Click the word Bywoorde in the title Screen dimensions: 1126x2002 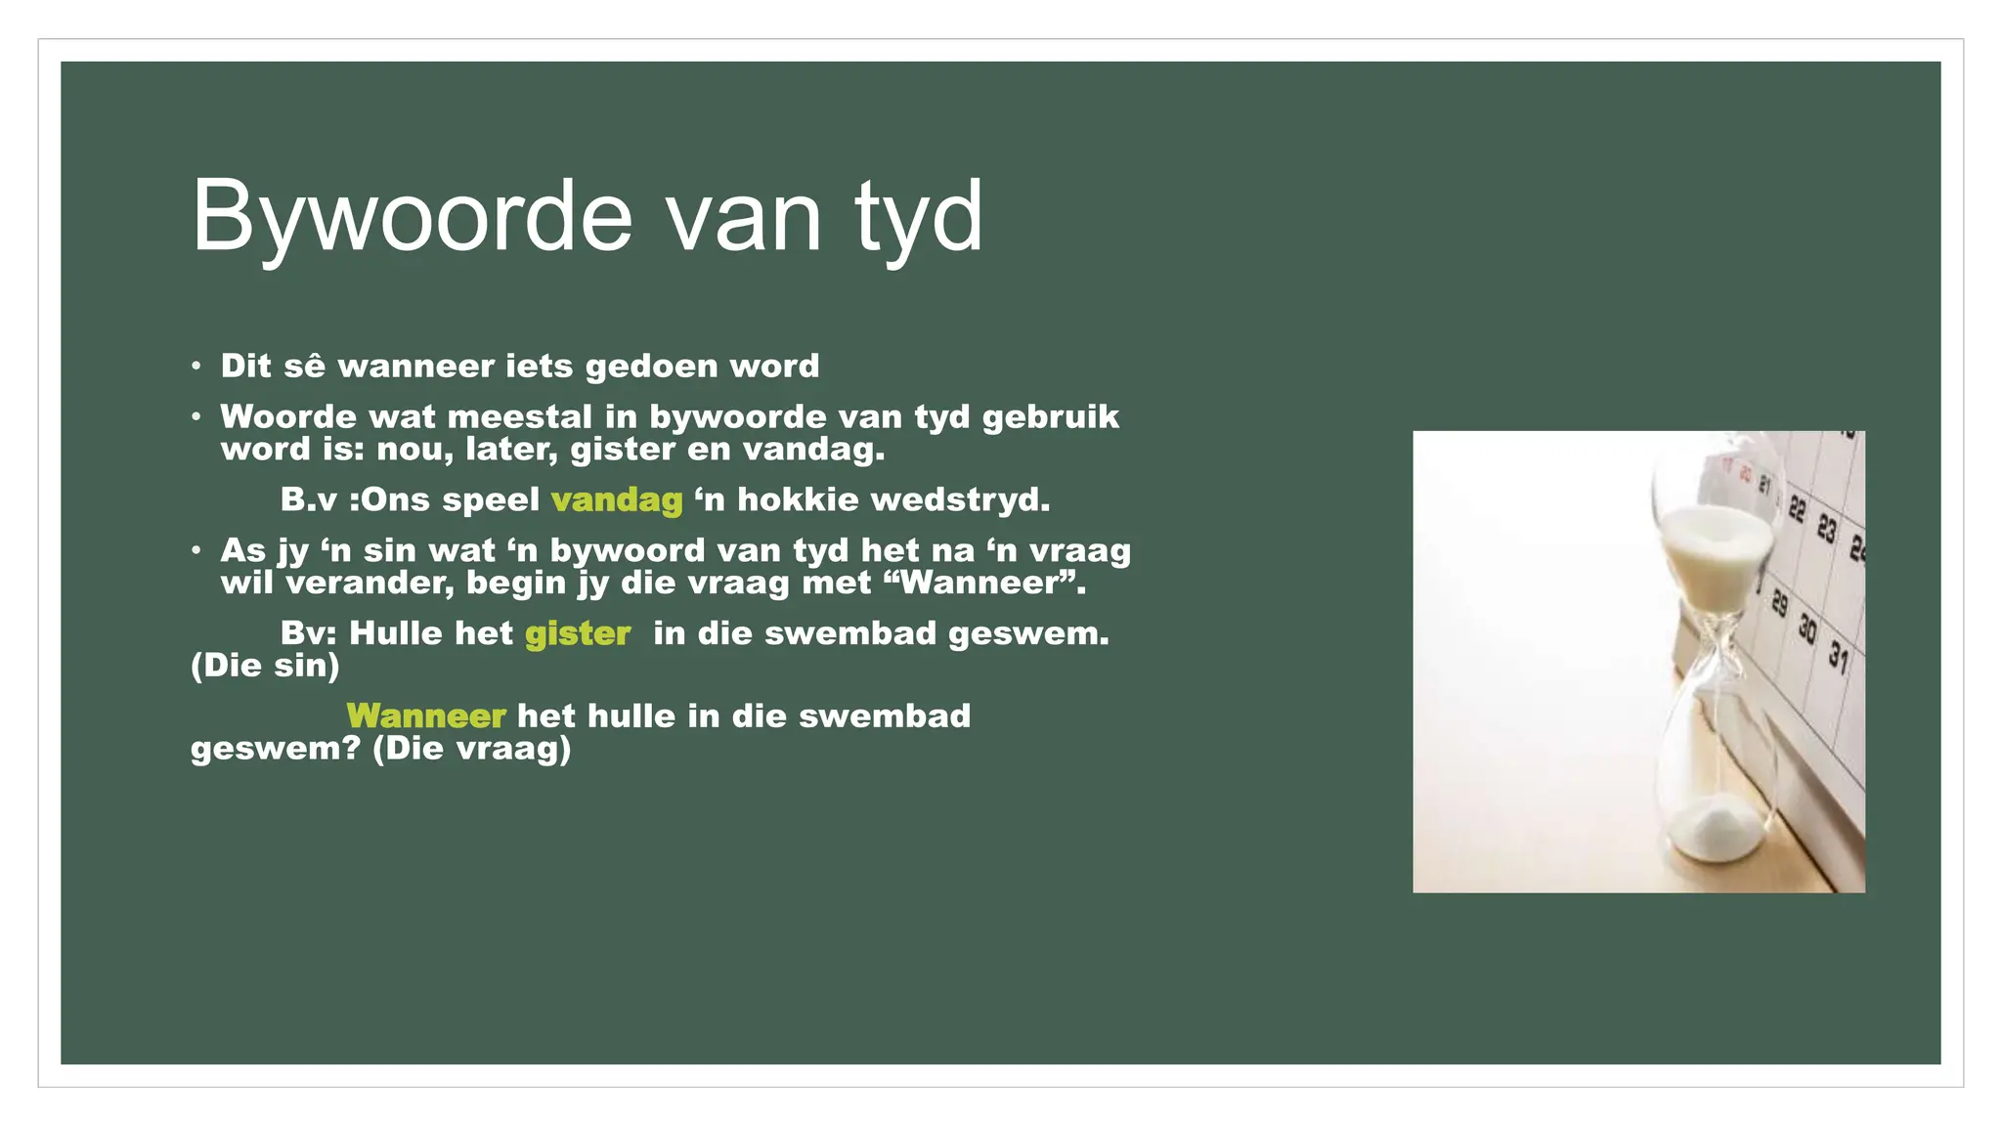click(412, 217)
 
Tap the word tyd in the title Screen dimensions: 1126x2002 click(918, 217)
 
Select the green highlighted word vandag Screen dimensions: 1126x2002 click(616, 500)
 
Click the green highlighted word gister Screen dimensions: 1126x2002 click(577, 633)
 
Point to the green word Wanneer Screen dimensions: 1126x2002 click(425, 716)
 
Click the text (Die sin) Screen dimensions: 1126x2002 click(265, 667)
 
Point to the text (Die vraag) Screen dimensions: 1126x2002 click(472, 750)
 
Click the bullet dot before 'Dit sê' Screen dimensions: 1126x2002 click(196, 367)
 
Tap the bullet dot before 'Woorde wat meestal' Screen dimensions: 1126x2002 click(196, 417)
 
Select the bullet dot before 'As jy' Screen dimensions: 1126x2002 click(196, 551)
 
